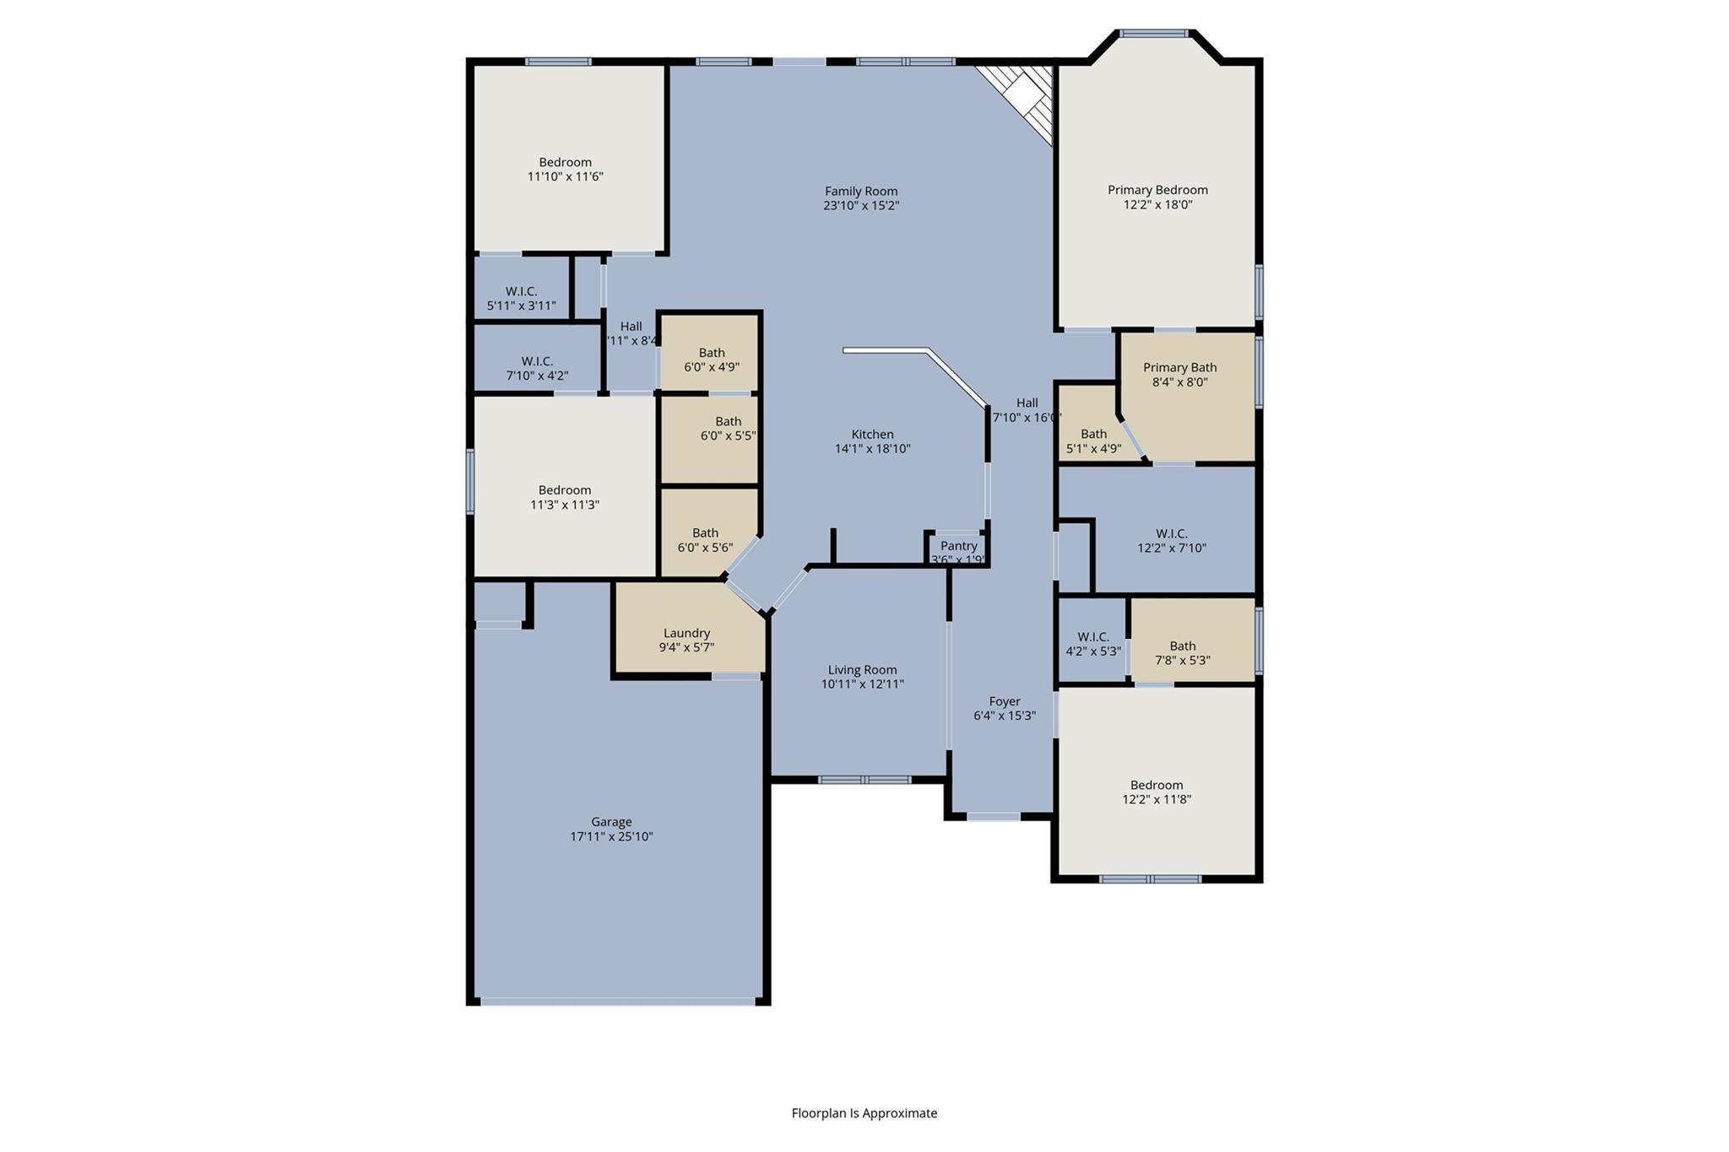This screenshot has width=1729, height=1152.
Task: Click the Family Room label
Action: tap(861, 192)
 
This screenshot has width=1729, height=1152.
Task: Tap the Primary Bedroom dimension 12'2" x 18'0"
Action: tap(1157, 204)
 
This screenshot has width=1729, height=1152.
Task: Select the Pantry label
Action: tap(958, 546)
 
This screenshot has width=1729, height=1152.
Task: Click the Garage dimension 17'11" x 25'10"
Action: tap(611, 836)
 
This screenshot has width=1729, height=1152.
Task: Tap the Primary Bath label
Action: tap(1179, 367)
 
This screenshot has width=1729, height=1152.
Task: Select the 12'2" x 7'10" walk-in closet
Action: tap(1171, 540)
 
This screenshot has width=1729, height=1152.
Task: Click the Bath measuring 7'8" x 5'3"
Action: tap(1182, 652)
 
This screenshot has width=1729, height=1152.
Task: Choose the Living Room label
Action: tap(862, 670)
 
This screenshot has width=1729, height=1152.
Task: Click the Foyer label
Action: tap(1005, 701)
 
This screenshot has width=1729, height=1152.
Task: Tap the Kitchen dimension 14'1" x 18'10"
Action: tap(872, 449)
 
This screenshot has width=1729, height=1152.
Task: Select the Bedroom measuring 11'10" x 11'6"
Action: tap(565, 169)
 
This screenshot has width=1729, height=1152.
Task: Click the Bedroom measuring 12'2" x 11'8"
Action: tap(1156, 792)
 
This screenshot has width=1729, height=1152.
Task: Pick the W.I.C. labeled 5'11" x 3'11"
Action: tap(521, 298)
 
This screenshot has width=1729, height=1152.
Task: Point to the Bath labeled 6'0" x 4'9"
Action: tap(711, 360)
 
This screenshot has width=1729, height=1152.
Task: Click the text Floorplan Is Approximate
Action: tap(864, 1113)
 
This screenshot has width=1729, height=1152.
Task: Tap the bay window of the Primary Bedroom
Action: tap(1153, 34)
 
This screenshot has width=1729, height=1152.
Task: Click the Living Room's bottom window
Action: tap(864, 780)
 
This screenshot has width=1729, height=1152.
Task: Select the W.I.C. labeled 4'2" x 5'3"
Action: tap(1092, 644)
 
